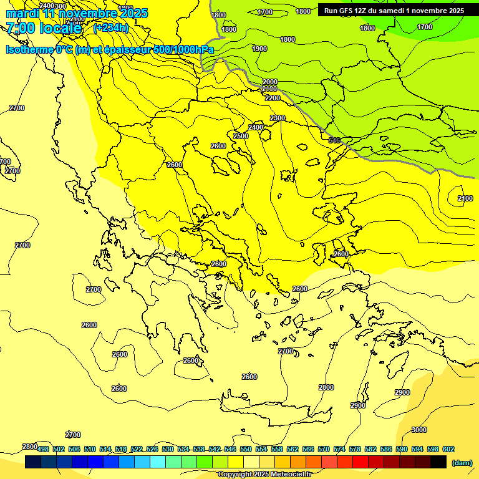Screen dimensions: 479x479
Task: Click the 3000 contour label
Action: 419,430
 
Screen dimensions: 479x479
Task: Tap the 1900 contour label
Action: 259,49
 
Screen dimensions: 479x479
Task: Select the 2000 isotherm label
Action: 270,82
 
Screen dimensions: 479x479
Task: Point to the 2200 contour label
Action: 273,98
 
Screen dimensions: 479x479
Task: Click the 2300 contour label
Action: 278,118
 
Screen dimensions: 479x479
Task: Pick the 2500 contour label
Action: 241,136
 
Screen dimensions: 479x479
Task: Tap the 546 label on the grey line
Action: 334,140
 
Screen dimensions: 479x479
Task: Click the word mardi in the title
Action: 23,13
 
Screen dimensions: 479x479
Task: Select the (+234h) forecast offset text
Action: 110,28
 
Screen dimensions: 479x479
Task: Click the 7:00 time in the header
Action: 20,28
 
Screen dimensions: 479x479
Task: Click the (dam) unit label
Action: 462,462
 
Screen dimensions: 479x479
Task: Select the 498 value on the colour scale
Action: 43,449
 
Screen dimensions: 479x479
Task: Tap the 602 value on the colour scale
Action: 448,449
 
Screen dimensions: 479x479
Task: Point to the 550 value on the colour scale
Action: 246,449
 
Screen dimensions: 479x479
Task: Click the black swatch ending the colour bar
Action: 438,462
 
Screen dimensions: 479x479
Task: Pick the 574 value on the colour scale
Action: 339,449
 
